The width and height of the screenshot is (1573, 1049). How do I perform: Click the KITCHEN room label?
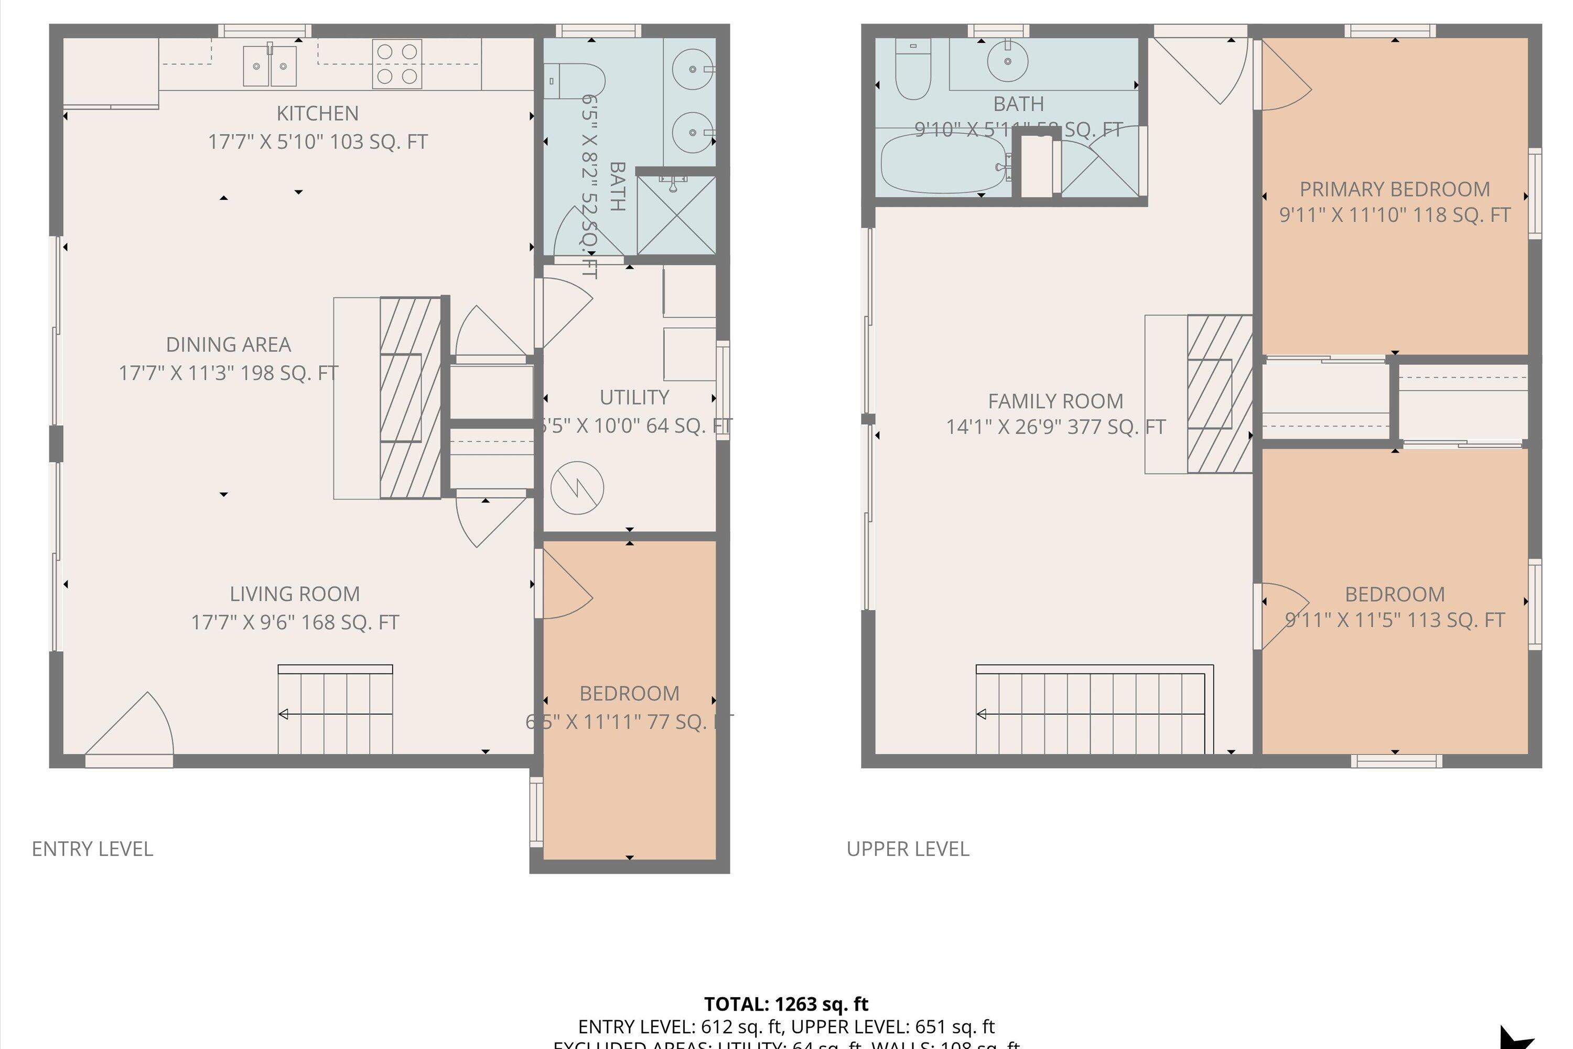317,113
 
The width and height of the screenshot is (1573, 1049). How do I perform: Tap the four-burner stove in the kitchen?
397,63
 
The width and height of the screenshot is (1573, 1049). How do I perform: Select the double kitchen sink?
270,66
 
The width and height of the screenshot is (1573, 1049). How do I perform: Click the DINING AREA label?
228,345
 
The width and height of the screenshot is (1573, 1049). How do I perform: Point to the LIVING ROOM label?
294,594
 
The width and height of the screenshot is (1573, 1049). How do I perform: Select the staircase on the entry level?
335,711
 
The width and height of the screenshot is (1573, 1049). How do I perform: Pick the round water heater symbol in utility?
577,488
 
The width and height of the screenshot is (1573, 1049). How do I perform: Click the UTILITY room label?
634,398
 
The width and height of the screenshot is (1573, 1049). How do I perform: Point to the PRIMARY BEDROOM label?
1394,189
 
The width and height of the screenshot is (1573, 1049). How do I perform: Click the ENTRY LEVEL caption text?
92,849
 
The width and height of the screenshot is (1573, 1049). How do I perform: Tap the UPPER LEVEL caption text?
908,849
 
